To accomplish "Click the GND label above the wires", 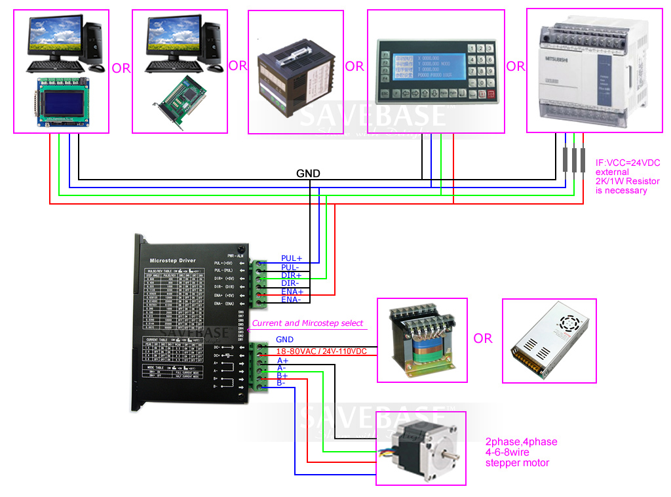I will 308,174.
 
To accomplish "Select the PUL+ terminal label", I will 292,258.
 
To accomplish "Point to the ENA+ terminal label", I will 292,291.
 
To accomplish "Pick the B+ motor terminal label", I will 282,376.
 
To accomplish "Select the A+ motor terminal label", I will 282,361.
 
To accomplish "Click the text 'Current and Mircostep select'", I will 307,323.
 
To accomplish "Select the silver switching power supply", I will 549,340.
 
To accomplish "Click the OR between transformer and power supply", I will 483,338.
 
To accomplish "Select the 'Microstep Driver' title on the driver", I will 169,260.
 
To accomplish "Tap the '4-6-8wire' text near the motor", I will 507,452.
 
